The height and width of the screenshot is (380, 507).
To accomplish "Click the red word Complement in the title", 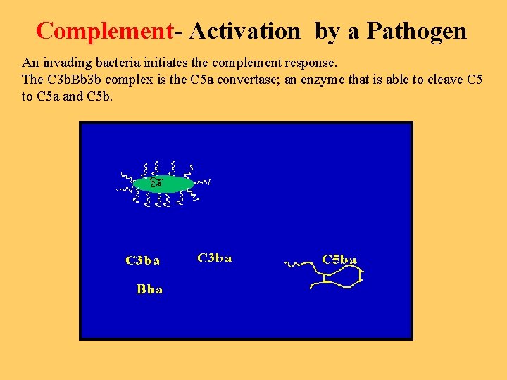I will tap(104, 31).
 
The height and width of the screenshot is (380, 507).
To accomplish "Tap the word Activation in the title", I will tap(244, 31).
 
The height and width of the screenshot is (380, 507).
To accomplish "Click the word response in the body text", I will tap(313, 63).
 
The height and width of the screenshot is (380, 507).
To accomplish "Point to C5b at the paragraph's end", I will tap(99, 96).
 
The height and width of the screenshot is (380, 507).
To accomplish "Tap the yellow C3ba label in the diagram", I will tap(143, 260).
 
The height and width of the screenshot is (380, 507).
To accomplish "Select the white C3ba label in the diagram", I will tap(215, 258).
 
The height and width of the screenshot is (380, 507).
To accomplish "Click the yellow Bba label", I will tap(149, 289).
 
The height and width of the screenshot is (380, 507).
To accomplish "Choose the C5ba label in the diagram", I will tap(339, 260).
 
